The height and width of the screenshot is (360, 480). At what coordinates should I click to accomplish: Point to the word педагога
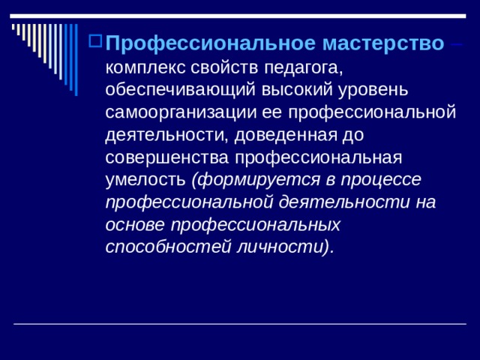point(305,68)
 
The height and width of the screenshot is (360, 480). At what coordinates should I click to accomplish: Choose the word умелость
point(145,181)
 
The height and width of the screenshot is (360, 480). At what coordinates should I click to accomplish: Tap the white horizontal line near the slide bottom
point(240,324)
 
